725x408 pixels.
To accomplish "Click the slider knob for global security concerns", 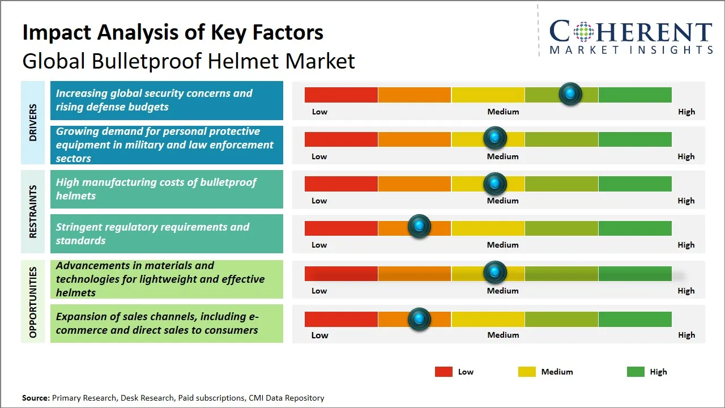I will click(x=570, y=93).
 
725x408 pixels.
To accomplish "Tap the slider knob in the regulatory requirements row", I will click(x=419, y=227).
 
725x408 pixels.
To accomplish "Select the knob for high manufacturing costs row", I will click(x=495, y=184).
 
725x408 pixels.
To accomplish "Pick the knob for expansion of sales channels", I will click(x=419, y=319).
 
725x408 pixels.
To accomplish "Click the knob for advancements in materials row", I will click(x=495, y=273).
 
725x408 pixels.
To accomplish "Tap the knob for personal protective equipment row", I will click(x=495, y=138).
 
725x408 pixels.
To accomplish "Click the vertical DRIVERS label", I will click(x=33, y=122).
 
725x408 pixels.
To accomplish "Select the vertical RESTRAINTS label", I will click(x=33, y=211).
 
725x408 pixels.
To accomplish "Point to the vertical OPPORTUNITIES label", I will click(x=33, y=302).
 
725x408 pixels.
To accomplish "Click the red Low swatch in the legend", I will click(x=443, y=372).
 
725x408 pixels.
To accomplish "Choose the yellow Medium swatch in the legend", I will click(x=527, y=372).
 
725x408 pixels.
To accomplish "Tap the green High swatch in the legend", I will click(x=636, y=372).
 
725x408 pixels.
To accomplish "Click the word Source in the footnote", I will click(x=35, y=398).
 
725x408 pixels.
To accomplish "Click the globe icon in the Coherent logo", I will click(x=583, y=32).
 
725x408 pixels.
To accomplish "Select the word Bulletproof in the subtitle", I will click(x=150, y=61).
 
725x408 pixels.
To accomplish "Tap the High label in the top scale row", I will click(x=686, y=112).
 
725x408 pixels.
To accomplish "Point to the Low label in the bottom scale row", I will click(x=319, y=335).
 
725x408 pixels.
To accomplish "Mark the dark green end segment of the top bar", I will click(x=634, y=95).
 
